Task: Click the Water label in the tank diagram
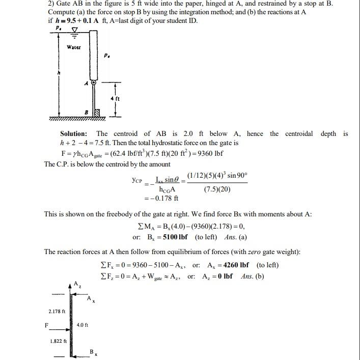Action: coord(74,47)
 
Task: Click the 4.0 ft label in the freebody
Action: coord(82,325)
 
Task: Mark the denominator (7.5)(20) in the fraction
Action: coord(217,189)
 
